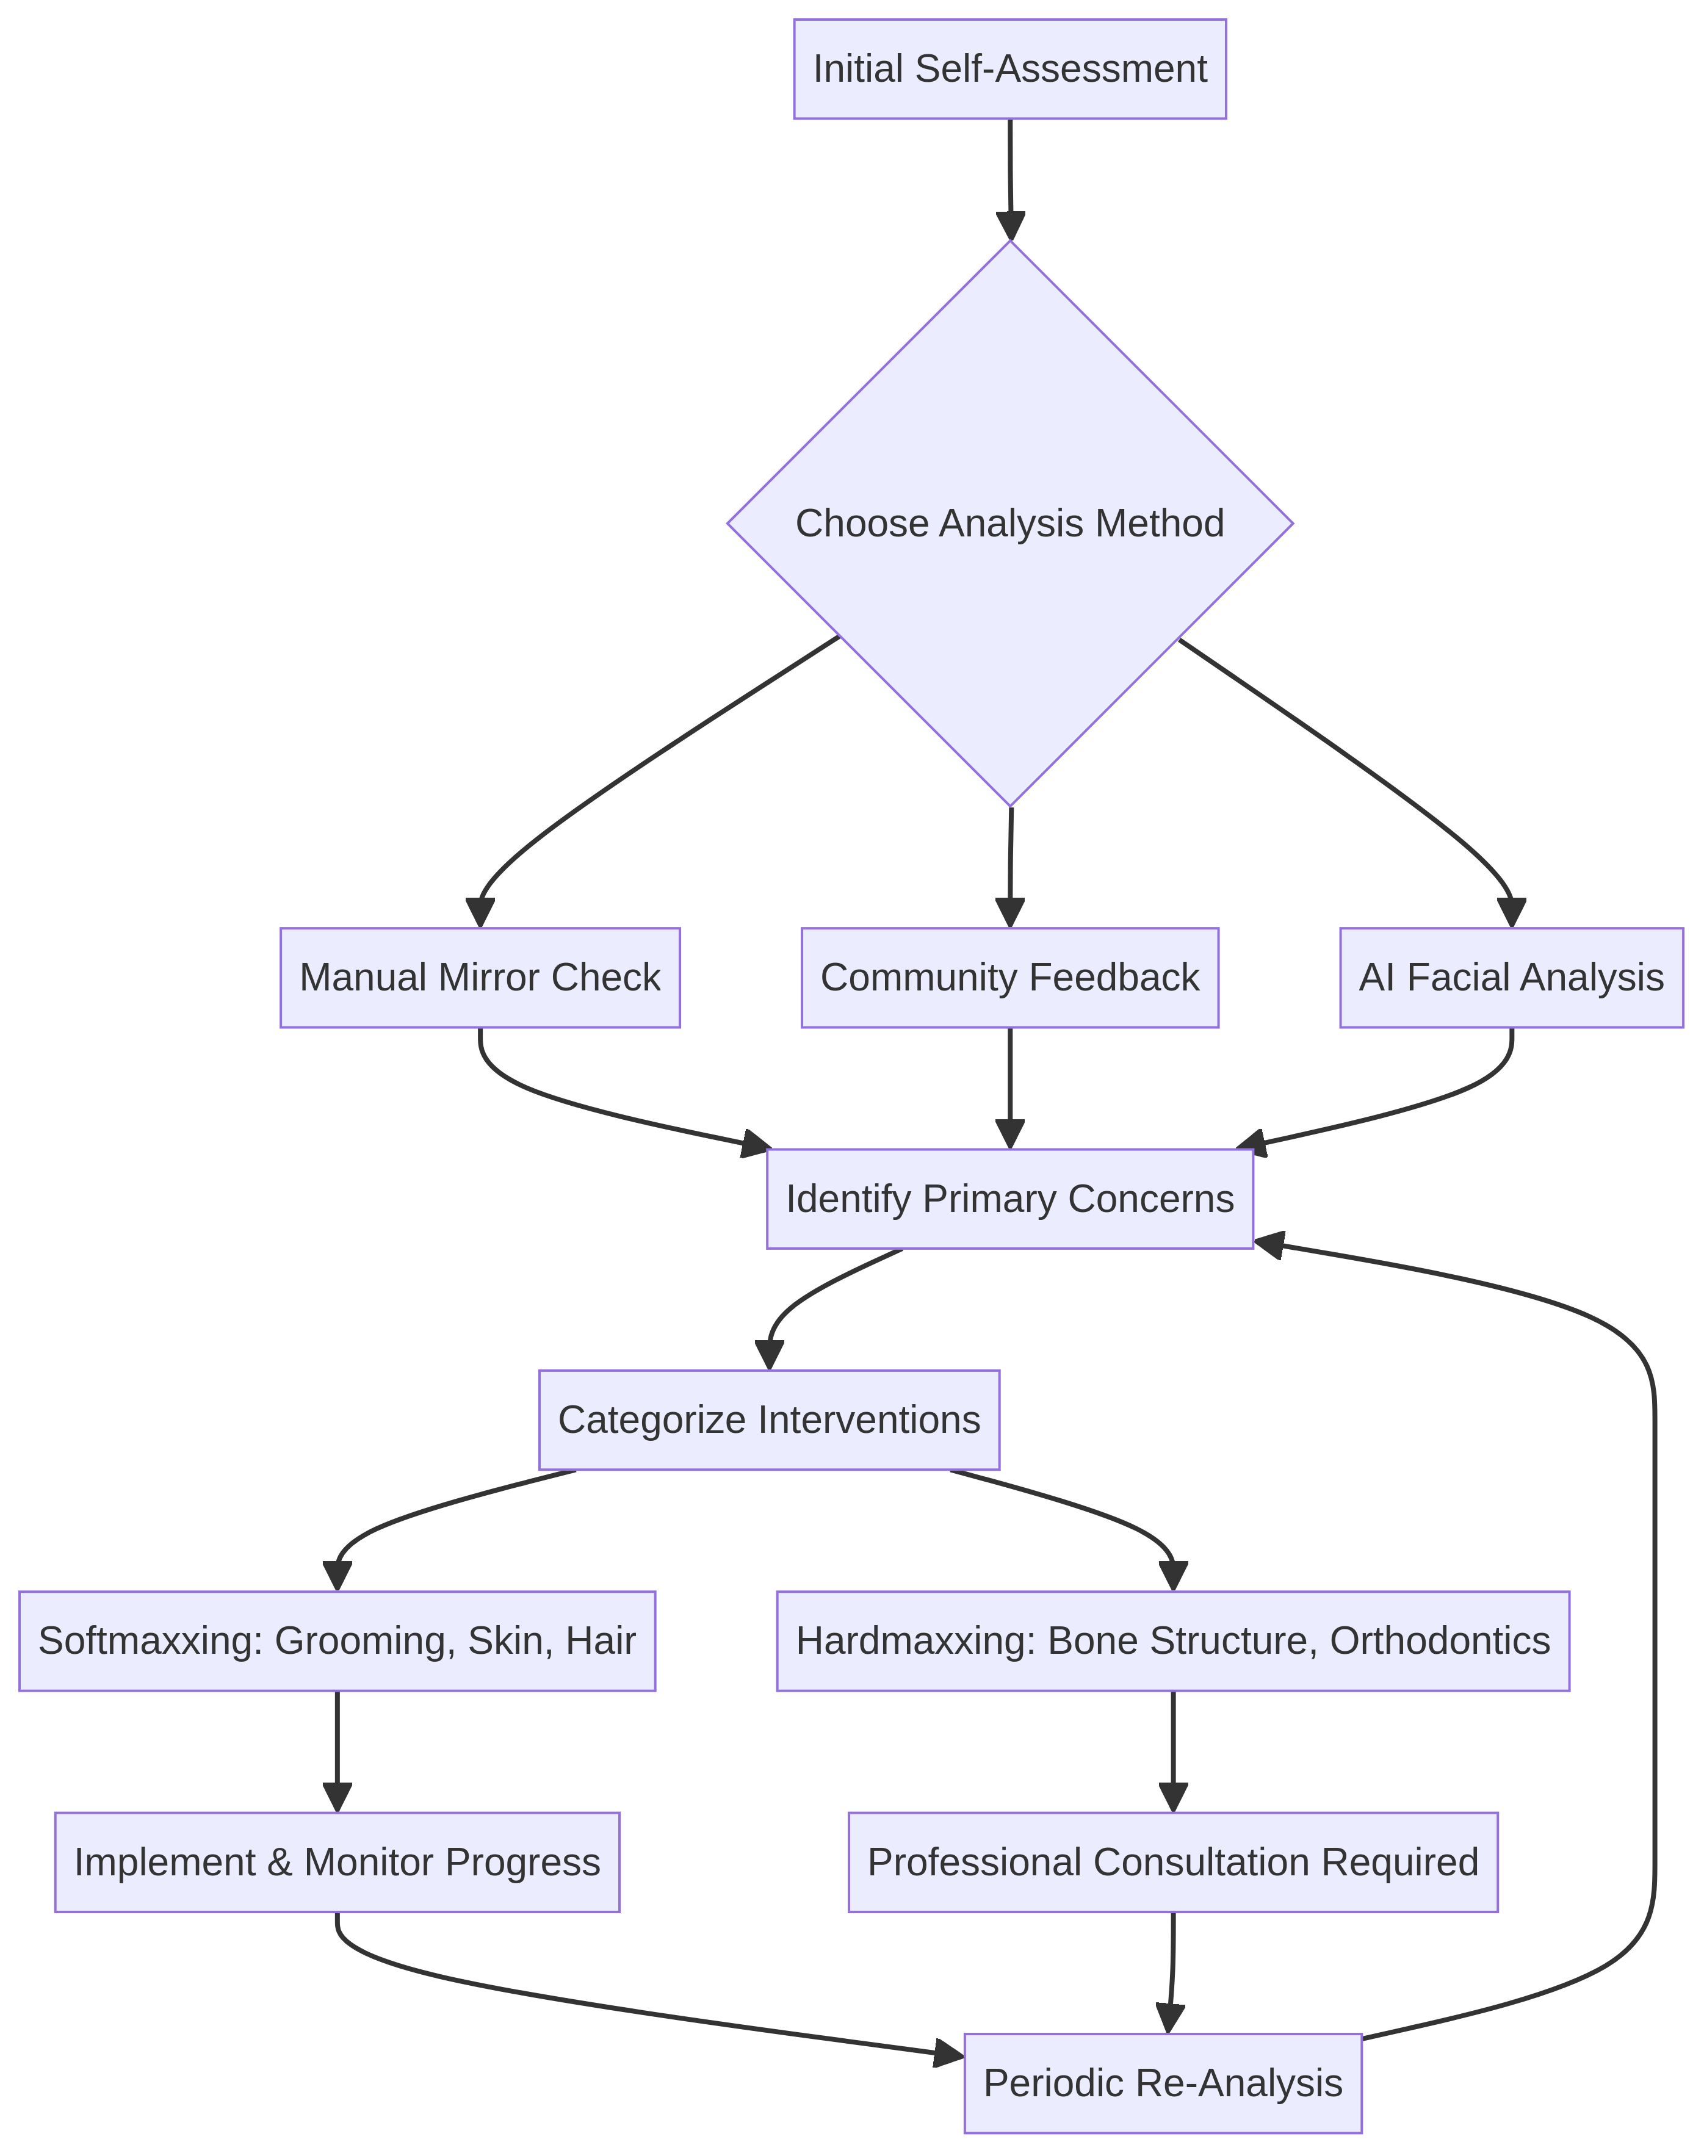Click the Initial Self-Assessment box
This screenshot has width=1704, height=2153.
(x=1009, y=69)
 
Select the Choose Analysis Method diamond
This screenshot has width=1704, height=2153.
(x=1009, y=523)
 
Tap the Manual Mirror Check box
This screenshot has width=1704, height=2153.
(x=480, y=978)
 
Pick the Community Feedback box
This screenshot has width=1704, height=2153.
(x=1009, y=978)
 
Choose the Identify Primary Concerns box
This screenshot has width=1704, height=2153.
(x=1009, y=1198)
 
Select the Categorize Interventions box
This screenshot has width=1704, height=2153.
(x=768, y=1419)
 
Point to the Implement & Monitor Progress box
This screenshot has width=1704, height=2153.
(x=338, y=1862)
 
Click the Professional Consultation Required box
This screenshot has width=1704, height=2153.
(x=1172, y=1862)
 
